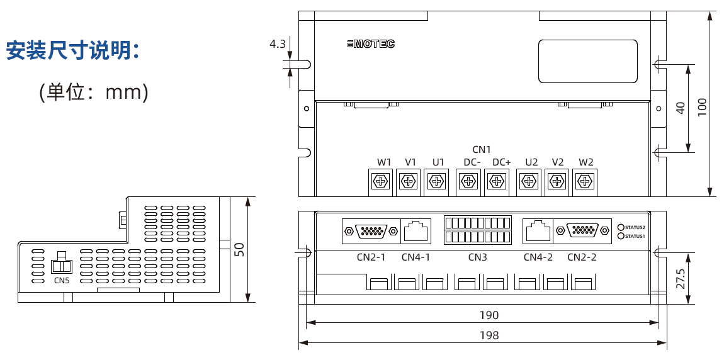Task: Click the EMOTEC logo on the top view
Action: [371, 44]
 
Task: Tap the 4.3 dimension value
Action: [277, 44]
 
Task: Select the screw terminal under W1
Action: [382, 182]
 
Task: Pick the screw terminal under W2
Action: [585, 182]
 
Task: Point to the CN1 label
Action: [481, 149]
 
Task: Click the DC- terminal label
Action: [472, 162]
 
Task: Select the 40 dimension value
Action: [681, 108]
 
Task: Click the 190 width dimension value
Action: [489, 315]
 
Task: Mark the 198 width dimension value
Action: [489, 335]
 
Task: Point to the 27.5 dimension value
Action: [681, 278]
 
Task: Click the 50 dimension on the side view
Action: [239, 249]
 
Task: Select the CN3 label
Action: [477, 257]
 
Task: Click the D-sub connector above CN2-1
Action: [371, 231]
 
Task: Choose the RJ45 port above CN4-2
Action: [538, 231]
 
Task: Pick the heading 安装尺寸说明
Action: [72, 51]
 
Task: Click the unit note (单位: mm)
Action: [94, 93]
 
